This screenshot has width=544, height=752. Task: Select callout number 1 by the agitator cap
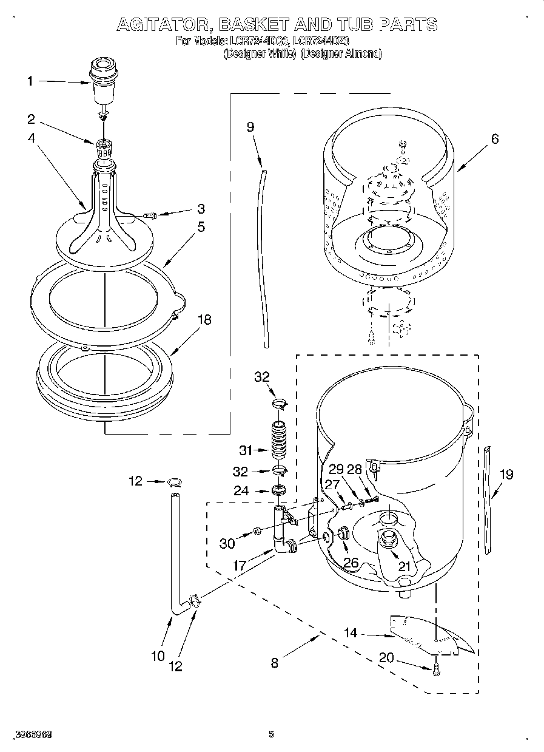[31, 81]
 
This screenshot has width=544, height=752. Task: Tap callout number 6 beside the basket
[494, 139]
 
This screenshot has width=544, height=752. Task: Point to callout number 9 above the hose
[250, 127]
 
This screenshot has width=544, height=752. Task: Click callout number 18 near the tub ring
[205, 319]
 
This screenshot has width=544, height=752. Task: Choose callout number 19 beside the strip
[506, 474]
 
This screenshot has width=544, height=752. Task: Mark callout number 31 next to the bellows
[246, 450]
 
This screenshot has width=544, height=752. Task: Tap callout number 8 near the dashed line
[275, 663]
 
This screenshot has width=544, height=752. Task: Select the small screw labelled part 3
[150, 214]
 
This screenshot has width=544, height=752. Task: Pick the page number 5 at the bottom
[272, 734]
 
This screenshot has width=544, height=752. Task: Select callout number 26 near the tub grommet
[351, 563]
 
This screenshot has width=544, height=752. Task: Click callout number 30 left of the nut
[227, 543]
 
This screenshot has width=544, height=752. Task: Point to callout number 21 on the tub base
[404, 566]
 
